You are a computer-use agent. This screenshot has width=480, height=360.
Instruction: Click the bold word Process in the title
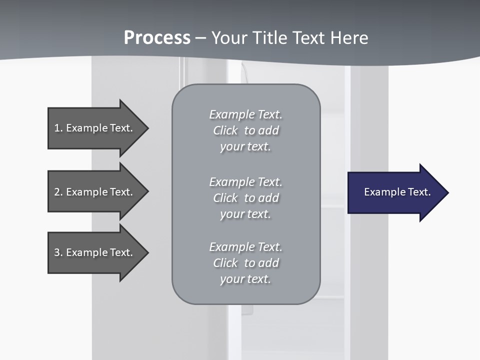[x=157, y=38]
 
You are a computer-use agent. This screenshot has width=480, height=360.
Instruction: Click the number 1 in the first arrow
[x=57, y=128]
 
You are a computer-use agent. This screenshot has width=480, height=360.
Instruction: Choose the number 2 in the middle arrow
[x=57, y=192]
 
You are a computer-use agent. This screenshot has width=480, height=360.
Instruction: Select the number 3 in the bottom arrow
[x=57, y=252]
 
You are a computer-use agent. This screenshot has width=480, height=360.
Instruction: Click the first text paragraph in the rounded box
[x=245, y=130]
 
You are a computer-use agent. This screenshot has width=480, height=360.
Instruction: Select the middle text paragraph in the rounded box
[x=245, y=198]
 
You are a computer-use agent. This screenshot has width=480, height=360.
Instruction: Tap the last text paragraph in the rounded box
[x=245, y=263]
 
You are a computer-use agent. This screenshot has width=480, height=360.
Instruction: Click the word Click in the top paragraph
[x=225, y=130]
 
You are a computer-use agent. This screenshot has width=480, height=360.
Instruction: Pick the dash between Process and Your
[x=200, y=38]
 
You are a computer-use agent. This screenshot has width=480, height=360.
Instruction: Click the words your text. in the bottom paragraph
[x=245, y=279]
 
